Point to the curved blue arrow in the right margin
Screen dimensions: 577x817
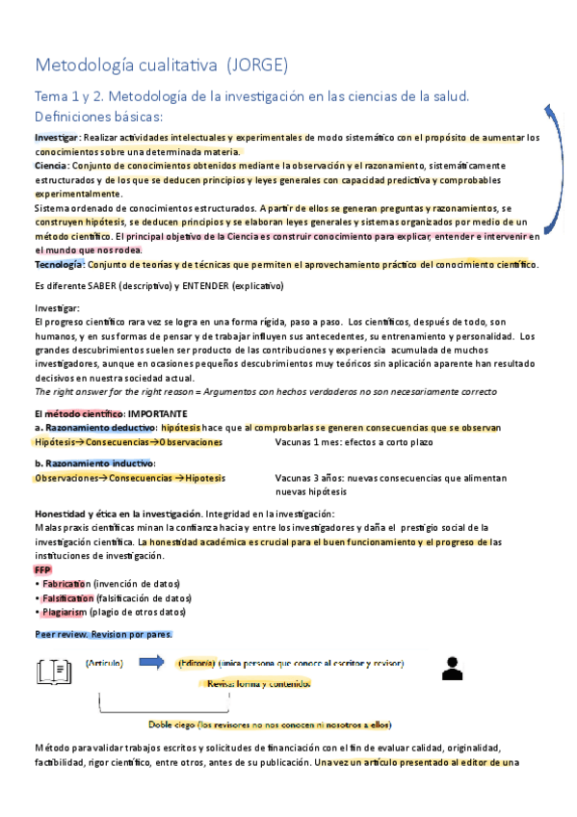pyautogui.click(x=556, y=173)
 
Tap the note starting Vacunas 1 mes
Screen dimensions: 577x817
pyautogui.click(x=354, y=442)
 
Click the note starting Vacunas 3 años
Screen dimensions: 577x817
pyautogui.click(x=390, y=478)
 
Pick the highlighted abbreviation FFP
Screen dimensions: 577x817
pyautogui.click(x=42, y=570)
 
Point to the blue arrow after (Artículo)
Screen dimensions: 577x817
pyautogui.click(x=151, y=662)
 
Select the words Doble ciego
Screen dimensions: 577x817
pyautogui.click(x=170, y=725)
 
